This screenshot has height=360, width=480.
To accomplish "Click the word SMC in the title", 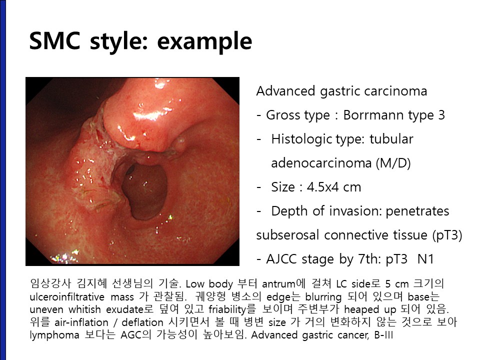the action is [55, 40].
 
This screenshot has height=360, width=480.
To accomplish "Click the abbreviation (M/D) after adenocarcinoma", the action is [393, 163].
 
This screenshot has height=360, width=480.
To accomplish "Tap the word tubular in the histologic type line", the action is [391, 139].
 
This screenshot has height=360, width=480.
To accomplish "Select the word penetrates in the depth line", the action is [417, 211].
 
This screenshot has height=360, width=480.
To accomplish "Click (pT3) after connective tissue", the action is [447, 235].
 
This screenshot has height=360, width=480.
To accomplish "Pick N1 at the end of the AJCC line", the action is [425, 259].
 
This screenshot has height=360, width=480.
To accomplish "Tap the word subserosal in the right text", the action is [288, 235].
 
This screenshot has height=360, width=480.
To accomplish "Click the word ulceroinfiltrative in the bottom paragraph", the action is [67, 296].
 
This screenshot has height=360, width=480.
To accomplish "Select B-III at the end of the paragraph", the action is [383, 335].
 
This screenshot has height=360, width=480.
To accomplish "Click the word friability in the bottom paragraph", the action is [227, 309].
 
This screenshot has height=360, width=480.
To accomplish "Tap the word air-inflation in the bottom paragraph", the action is [81, 322].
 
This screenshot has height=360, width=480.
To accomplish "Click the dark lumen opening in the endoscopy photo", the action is [145, 190].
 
